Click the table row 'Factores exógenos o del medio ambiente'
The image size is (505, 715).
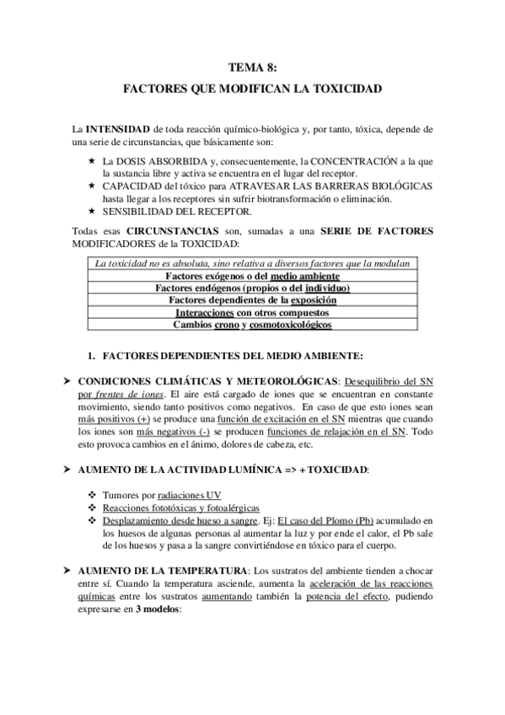[252, 275]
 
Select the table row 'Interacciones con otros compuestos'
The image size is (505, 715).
[252, 311]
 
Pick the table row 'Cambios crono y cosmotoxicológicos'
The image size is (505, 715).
[252, 323]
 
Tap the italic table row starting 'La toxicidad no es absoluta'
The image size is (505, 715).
[252, 263]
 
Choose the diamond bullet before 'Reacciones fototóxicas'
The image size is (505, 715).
[93, 508]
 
